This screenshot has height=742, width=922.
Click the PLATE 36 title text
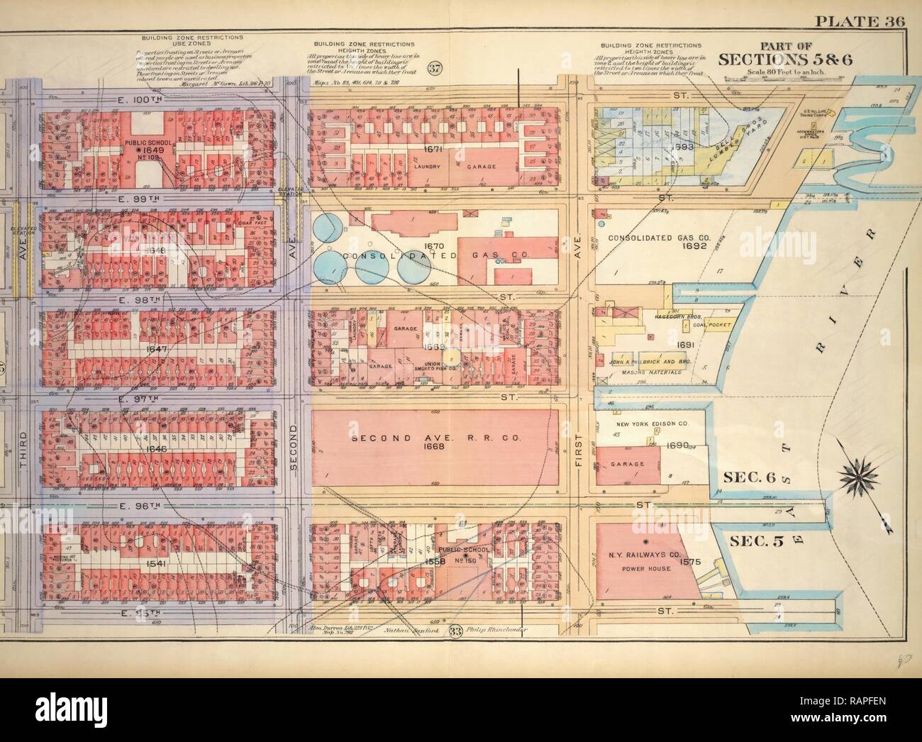[x=860, y=20]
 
